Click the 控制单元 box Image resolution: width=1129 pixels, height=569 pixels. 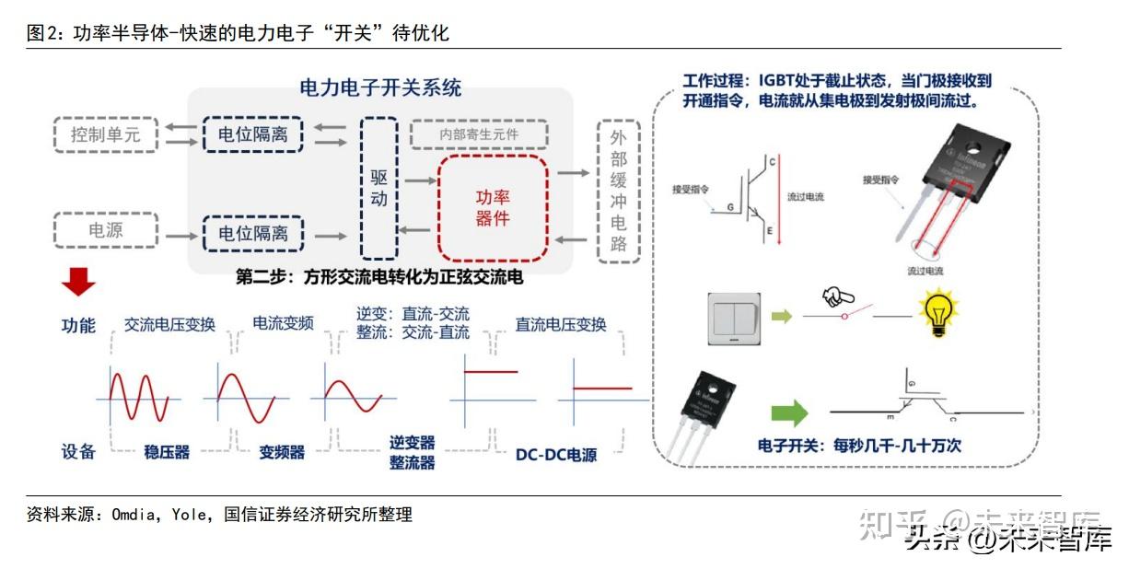coord(106,134)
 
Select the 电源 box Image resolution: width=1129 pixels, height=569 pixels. coord(106,230)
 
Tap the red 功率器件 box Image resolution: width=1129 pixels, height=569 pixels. coord(493,208)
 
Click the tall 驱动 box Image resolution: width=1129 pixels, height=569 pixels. coord(379,188)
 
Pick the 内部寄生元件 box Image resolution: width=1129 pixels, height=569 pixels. coord(479,134)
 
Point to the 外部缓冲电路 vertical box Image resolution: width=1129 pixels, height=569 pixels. coord(618,191)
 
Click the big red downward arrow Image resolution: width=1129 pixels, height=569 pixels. coord(78,281)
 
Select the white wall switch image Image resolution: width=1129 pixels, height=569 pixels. coord(733,319)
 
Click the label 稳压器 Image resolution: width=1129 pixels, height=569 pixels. coord(167,452)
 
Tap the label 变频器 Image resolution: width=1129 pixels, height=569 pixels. coord(282,452)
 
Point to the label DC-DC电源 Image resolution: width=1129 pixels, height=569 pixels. coord(555,455)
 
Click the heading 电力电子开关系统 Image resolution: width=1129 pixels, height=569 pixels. coord(380,88)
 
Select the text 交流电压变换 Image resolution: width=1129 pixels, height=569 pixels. coord(169,324)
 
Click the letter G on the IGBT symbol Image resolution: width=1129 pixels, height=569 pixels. coord(730,208)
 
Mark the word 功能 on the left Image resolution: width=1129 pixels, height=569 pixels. coord(78,325)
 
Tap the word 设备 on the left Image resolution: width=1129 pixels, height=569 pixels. coord(78,451)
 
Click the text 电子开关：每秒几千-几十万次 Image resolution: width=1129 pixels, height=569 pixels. coord(859,445)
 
